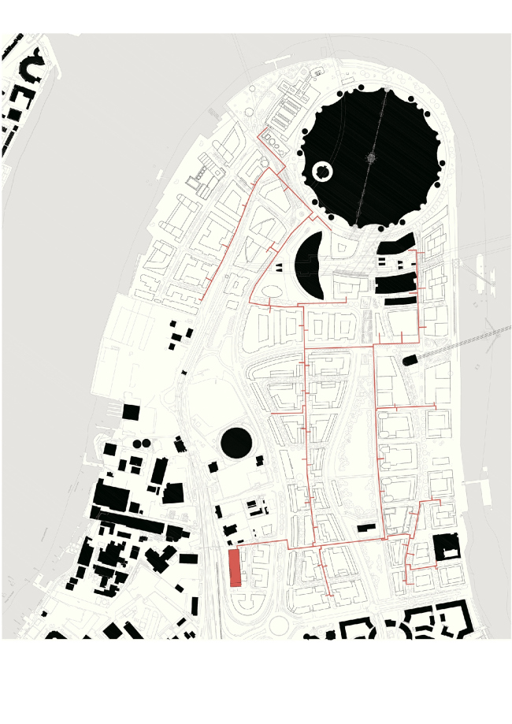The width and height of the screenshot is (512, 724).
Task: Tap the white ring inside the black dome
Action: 323,171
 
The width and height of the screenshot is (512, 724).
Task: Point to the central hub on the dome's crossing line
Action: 371,158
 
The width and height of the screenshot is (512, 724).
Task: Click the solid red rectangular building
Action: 234,568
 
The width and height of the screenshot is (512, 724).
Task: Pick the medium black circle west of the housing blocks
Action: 236,444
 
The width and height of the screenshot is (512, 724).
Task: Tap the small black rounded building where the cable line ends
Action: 410,360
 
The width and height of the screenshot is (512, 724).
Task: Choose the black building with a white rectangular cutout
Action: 446,547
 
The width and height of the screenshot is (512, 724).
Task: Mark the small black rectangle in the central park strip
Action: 367,526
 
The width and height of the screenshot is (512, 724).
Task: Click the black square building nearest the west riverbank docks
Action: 130,412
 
